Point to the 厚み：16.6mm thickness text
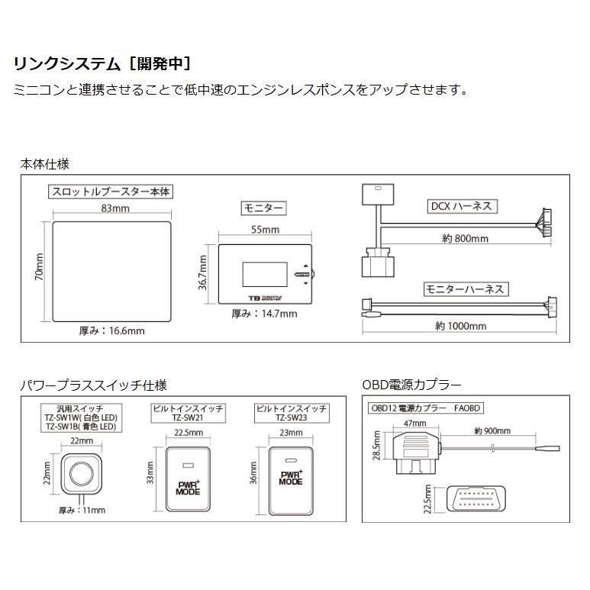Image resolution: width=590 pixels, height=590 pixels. click(111, 330)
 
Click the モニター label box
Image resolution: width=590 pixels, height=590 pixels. click(263, 208)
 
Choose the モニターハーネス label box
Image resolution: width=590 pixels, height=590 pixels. click(466, 289)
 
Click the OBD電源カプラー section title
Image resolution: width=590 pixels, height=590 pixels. click(411, 385)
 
